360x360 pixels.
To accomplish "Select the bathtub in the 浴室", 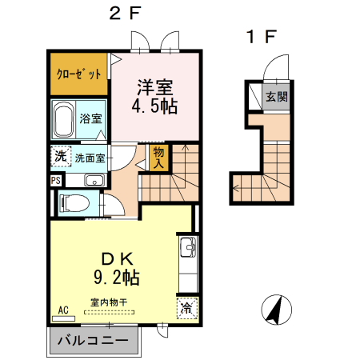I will pos(66,120).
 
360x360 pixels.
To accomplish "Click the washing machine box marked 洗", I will pos(61,156).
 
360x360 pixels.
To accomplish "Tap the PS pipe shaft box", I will pos(55,181).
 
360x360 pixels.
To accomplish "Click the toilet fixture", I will pos(73,203).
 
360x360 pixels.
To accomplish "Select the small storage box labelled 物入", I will pos(158,158).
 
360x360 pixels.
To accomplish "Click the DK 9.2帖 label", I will pos(121,268).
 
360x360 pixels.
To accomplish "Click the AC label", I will pos(63,309).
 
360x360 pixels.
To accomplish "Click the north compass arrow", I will pos(274,310).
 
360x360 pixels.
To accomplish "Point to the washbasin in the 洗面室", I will pos(94,179).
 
